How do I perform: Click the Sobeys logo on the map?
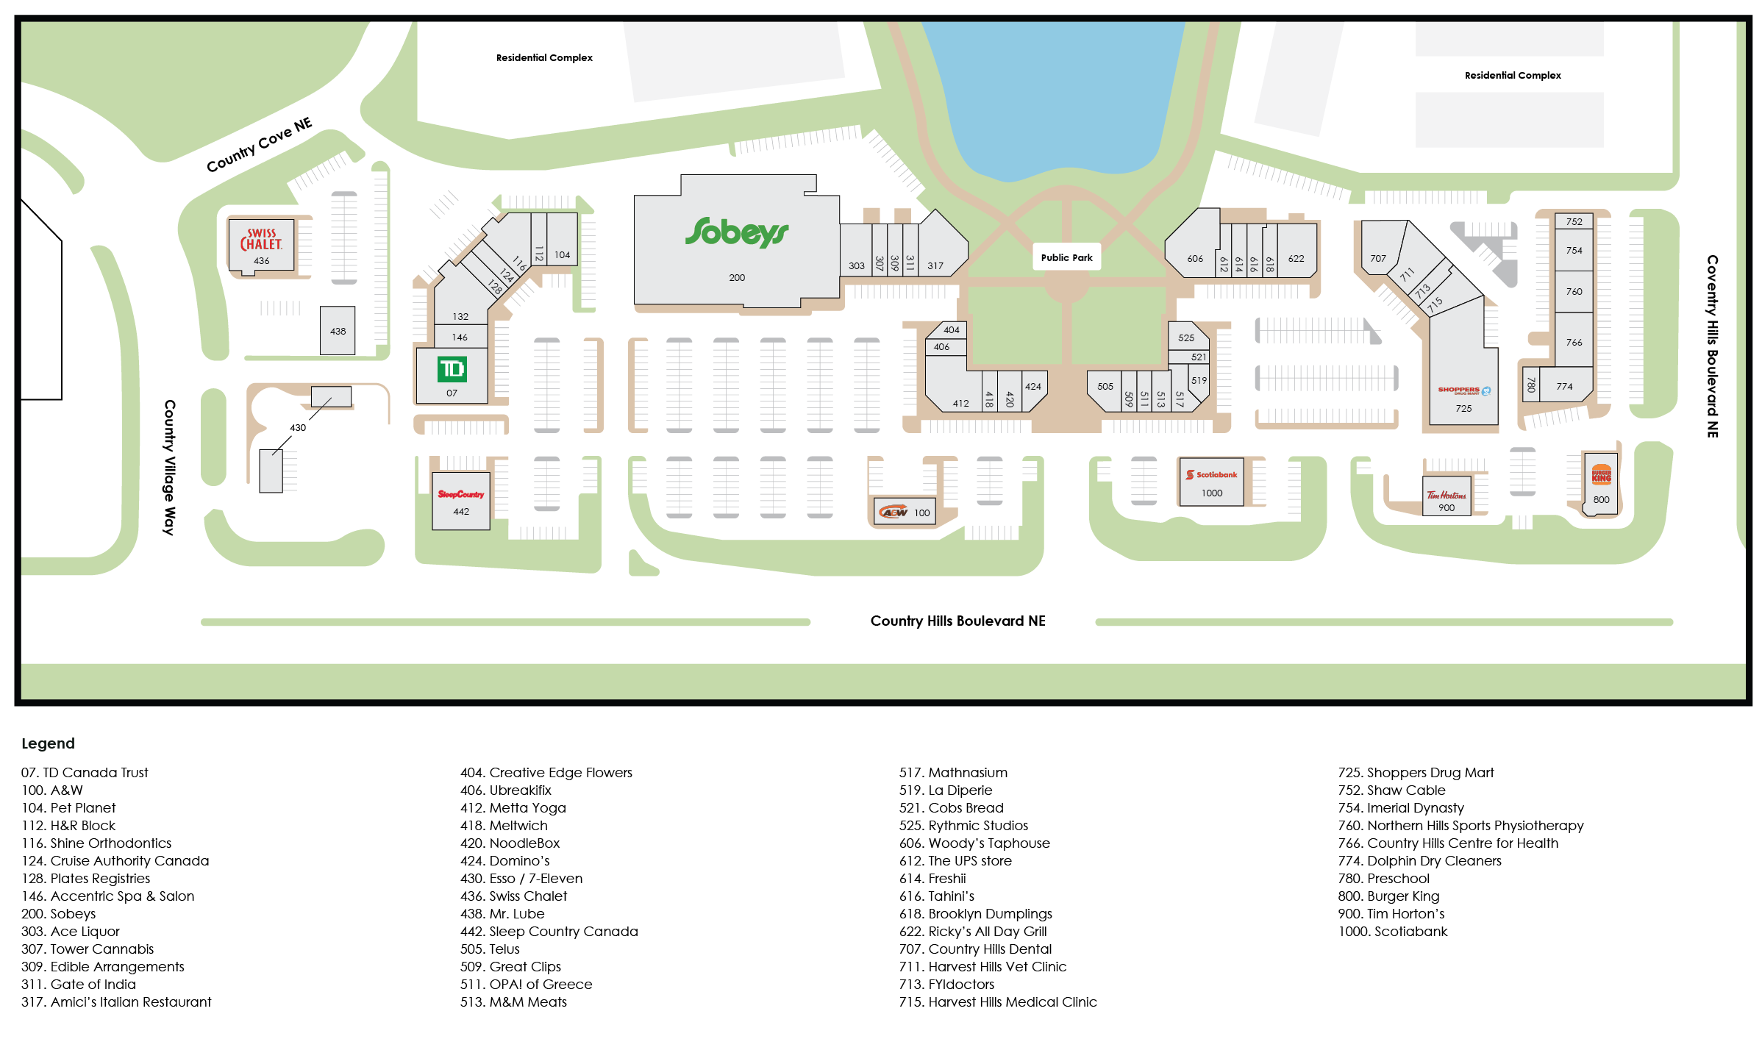736,232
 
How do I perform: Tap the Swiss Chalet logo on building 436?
261,240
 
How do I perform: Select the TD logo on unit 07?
452,369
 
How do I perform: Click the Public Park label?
1066,257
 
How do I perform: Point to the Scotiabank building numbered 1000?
1211,482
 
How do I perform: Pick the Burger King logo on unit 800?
1601,474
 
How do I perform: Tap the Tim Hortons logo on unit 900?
1446,495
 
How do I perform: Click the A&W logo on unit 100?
894,513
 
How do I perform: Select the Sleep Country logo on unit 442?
461,494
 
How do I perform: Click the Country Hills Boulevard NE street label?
957,621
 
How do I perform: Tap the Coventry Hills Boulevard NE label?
1712,346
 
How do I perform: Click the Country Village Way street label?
169,467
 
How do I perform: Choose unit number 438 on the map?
338,332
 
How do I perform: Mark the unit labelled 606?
1195,259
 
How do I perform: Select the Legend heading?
48,743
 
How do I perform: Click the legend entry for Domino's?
505,861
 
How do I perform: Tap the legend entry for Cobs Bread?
951,808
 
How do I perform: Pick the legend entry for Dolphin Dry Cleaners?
1419,861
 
